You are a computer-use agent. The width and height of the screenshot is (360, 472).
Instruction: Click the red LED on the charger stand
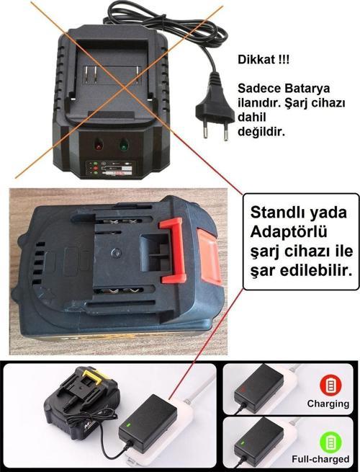[x=98, y=144]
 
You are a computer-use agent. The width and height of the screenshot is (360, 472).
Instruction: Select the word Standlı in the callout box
[x=276, y=214]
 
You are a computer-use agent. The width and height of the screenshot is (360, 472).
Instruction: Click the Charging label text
[x=328, y=404]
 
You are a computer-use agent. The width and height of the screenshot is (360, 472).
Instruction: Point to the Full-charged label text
[x=320, y=459]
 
